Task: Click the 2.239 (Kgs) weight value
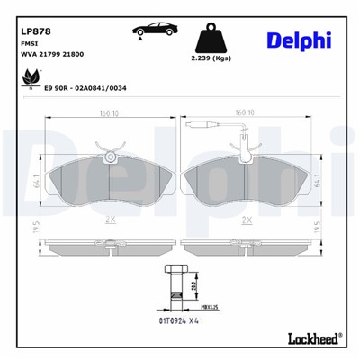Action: (211, 58)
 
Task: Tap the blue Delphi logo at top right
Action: (299, 39)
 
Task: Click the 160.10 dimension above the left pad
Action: (111, 113)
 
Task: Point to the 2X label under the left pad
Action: (109, 219)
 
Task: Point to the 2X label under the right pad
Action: (247, 219)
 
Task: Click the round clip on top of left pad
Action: (110, 157)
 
